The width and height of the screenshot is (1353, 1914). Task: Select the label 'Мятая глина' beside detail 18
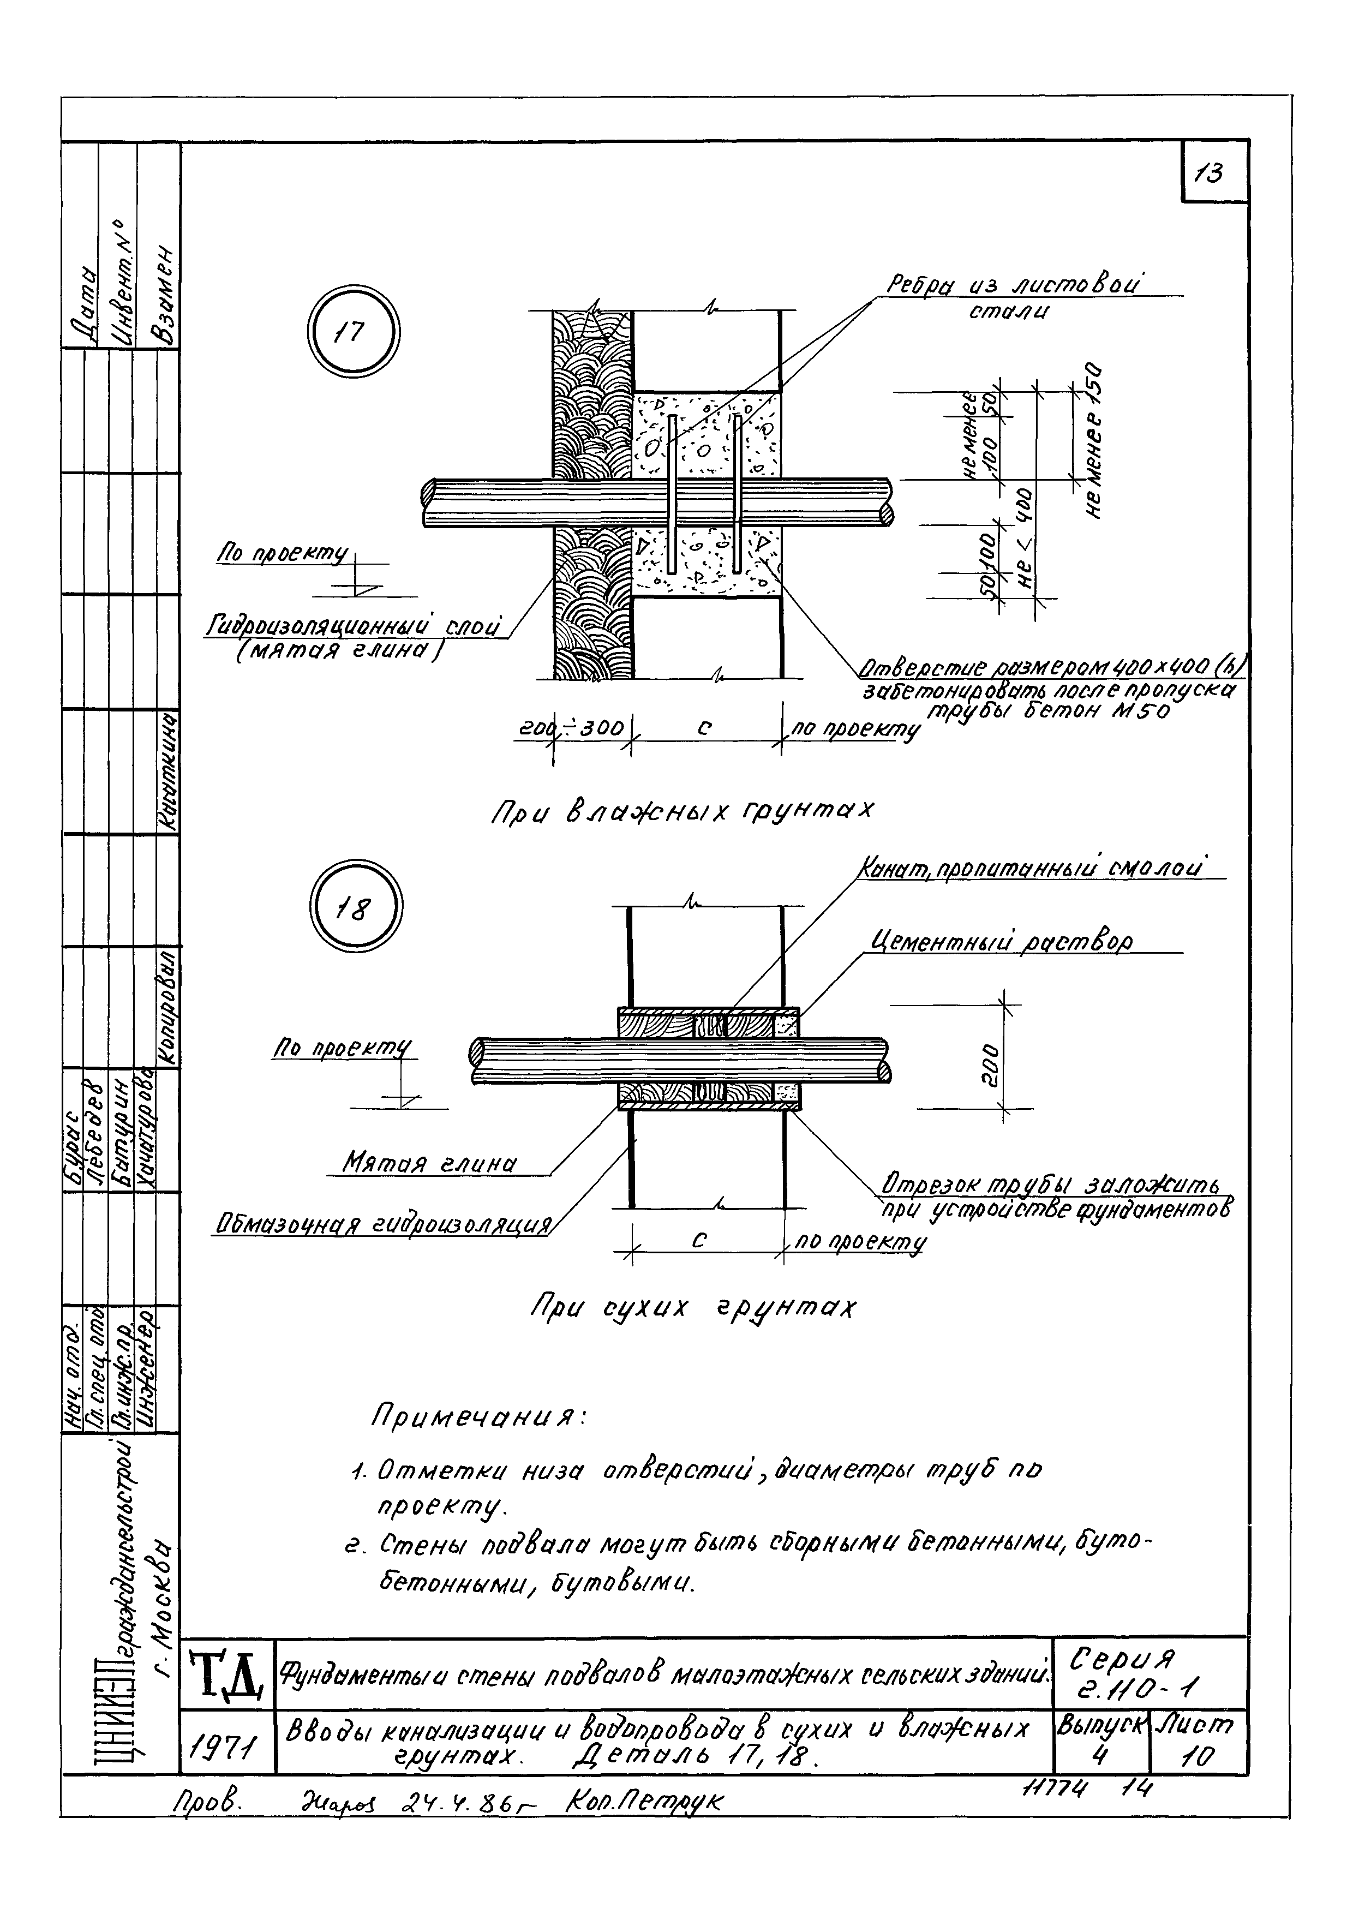[x=430, y=1164]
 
